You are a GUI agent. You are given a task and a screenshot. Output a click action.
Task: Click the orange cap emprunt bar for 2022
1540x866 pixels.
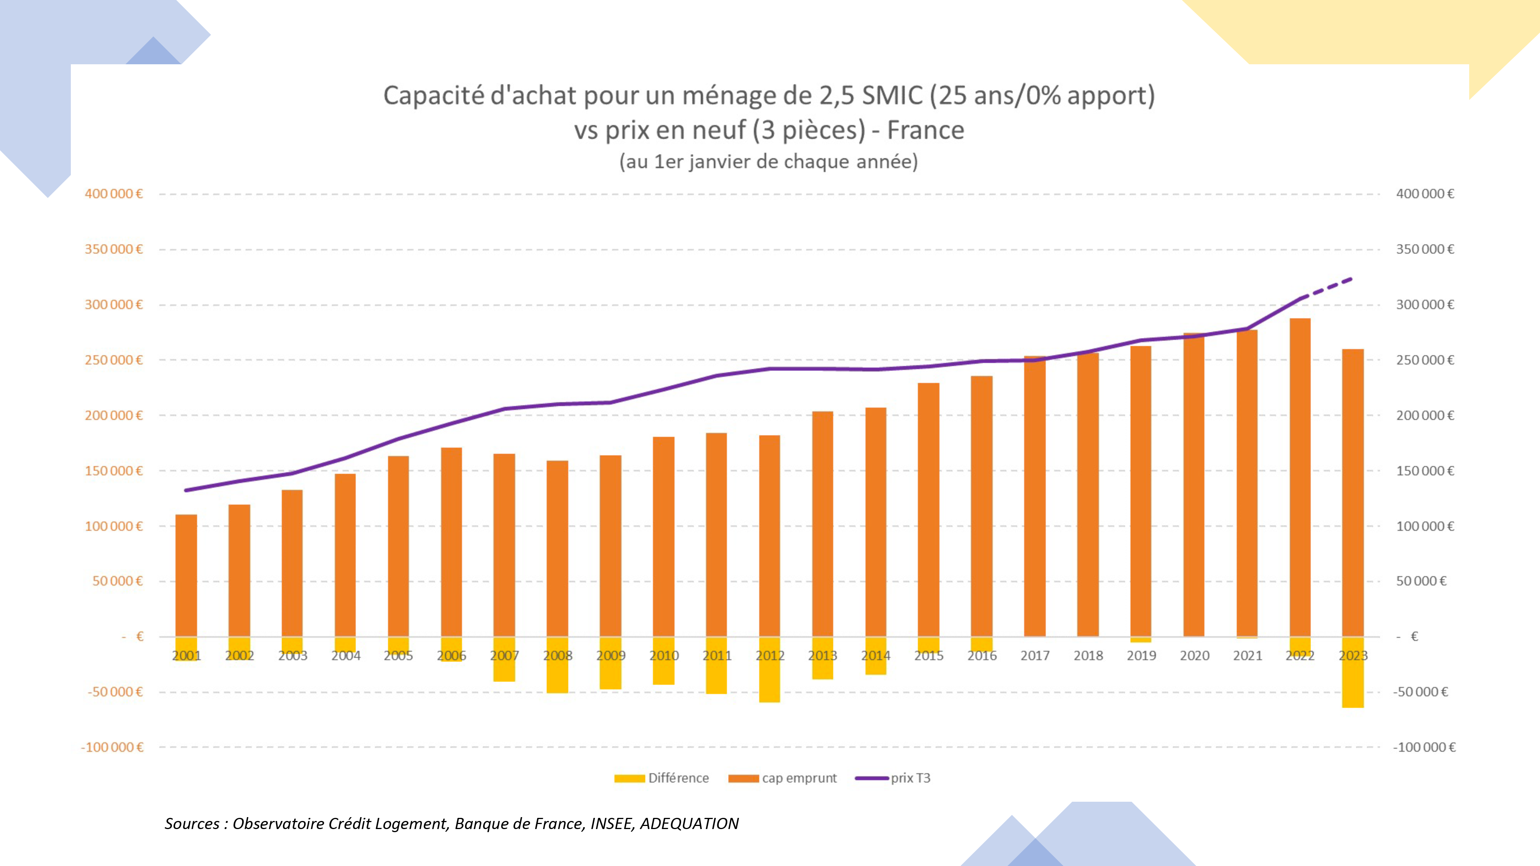point(1300,478)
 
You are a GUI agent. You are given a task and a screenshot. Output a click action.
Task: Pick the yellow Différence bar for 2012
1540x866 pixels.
point(769,681)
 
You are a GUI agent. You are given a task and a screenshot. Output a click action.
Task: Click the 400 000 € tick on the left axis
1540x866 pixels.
point(114,194)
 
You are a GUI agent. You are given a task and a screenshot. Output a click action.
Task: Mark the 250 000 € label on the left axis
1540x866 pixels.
point(114,360)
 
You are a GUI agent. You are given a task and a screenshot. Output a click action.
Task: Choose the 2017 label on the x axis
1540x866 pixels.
point(1035,655)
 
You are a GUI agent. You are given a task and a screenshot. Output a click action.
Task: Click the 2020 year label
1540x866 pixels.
point(1194,655)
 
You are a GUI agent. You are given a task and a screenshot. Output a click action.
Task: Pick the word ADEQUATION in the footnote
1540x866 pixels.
point(689,824)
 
